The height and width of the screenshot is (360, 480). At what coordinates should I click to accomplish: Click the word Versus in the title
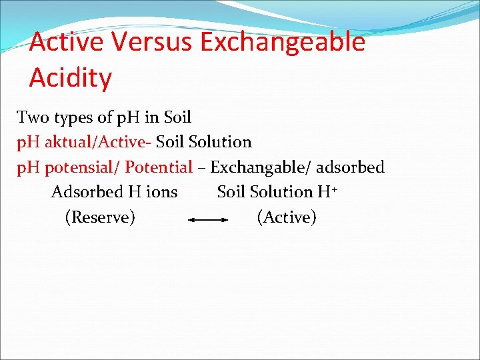pyautogui.click(x=151, y=42)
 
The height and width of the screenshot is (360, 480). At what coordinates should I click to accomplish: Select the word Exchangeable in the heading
pyautogui.click(x=283, y=42)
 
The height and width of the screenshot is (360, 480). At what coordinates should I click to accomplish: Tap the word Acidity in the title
pyautogui.click(x=71, y=78)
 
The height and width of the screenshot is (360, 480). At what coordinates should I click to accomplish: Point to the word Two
pyautogui.click(x=31, y=118)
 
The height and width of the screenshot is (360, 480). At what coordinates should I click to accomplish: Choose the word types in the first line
pyautogui.click(x=72, y=119)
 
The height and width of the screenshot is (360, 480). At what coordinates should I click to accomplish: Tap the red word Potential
pyautogui.click(x=159, y=167)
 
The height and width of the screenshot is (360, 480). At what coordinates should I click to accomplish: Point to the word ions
pyautogui.click(x=161, y=192)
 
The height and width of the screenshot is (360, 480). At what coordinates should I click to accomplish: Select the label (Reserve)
pyautogui.click(x=100, y=217)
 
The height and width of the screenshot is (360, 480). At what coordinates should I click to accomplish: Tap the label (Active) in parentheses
pyautogui.click(x=287, y=217)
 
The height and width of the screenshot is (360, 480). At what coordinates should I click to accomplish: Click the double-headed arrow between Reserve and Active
pyautogui.click(x=209, y=219)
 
